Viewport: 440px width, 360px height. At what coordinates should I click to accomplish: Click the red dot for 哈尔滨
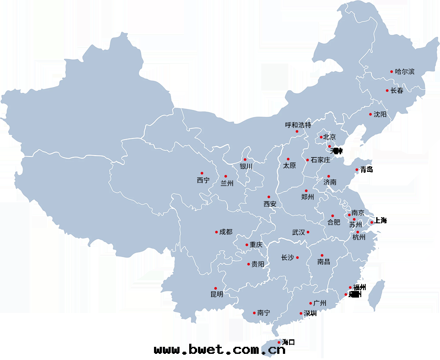[x=391, y=71]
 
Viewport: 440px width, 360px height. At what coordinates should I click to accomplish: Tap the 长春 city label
[x=397, y=91]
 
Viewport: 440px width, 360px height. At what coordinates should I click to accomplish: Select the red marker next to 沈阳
[x=370, y=114]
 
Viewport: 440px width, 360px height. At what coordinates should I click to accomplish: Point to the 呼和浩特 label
[x=298, y=125]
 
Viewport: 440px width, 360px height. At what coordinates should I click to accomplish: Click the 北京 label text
[x=330, y=137]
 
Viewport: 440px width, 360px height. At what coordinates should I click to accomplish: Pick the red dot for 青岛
[x=357, y=169]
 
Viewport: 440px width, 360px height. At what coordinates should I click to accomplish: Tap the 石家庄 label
[x=320, y=160]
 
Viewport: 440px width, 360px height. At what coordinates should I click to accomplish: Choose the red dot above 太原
[x=288, y=159]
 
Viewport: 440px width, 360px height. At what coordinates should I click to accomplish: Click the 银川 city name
[x=246, y=167]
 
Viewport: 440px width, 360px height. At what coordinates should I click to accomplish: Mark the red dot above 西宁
[x=202, y=173]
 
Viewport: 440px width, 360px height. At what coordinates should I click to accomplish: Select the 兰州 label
[x=227, y=183]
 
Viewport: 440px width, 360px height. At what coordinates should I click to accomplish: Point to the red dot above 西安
[x=269, y=197]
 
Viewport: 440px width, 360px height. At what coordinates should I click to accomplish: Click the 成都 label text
[x=226, y=232]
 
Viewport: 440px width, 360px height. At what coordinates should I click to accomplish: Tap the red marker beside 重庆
[x=246, y=245]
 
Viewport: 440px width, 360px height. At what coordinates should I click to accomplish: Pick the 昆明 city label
[x=217, y=295]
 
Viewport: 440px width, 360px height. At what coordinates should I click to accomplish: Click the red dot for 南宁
[x=254, y=313]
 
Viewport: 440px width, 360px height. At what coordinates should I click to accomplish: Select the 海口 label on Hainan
[x=288, y=342]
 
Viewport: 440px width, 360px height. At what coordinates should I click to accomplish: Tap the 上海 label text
[x=381, y=221]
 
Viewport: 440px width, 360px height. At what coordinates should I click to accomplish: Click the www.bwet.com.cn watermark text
[x=220, y=350]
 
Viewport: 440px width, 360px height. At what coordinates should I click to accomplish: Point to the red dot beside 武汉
[x=308, y=232]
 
